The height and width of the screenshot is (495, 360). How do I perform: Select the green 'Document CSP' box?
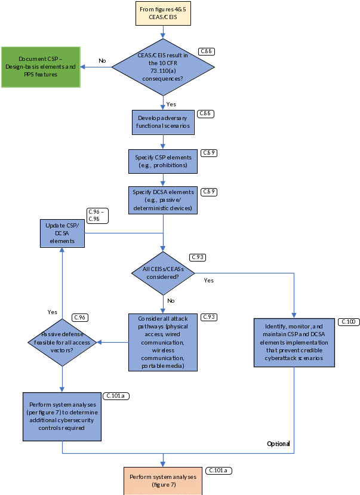41,67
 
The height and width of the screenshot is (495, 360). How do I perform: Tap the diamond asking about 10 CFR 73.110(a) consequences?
163,67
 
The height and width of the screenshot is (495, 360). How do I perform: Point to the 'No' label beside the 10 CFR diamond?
102,60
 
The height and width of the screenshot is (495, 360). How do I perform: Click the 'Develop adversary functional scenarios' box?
163,122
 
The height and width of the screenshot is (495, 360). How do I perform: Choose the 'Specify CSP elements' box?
162,161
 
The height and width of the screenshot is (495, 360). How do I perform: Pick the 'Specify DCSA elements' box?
162,200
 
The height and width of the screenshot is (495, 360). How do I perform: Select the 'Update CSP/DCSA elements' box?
62,233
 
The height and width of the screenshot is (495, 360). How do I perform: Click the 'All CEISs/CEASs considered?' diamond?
163,273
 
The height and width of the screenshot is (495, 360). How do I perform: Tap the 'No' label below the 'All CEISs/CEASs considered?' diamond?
171,300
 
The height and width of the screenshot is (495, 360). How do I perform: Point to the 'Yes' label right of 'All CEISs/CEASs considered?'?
208,280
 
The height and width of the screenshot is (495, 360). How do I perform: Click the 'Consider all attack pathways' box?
162,342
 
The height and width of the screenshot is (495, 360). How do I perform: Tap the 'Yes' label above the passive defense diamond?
53,312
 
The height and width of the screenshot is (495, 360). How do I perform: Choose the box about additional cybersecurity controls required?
62,416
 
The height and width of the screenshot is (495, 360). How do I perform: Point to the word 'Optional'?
278,444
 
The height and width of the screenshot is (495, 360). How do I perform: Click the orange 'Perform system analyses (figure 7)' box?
163,481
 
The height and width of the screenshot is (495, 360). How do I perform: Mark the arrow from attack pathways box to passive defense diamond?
113,342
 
